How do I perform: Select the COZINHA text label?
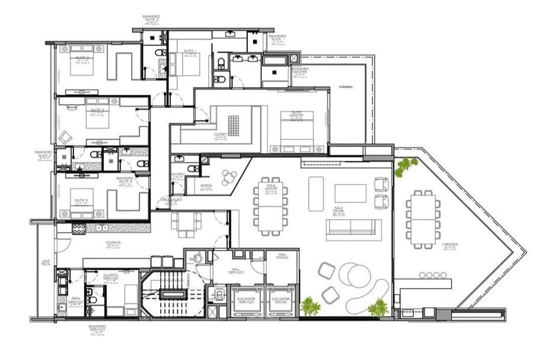pos(113,243)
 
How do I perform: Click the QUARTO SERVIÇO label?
pos(110,277)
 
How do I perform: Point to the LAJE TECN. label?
pos(46,262)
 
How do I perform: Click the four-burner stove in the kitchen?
pos(78,228)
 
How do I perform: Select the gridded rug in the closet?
pos(233,125)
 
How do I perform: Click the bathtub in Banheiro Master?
pos(276,61)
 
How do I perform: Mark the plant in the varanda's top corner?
pos(406,165)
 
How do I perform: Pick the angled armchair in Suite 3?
pos(65,137)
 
